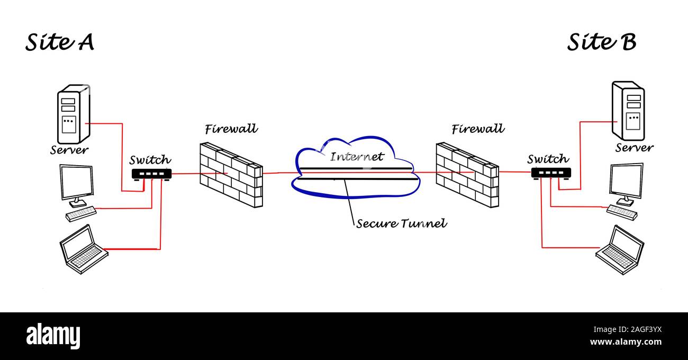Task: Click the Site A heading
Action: (x=60, y=42)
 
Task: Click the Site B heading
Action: (x=602, y=42)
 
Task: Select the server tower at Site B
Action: (x=628, y=111)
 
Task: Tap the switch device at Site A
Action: (x=151, y=174)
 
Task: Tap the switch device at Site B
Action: (x=551, y=173)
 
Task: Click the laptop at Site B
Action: (x=620, y=249)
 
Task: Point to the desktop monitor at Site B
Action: (x=626, y=182)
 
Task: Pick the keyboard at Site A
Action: (x=81, y=213)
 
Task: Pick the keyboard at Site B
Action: (x=622, y=212)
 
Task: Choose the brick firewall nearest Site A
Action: (x=231, y=174)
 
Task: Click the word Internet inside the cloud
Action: (x=357, y=157)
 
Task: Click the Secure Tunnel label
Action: (x=401, y=224)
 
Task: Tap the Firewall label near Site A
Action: (x=231, y=129)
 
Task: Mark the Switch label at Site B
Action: (x=548, y=159)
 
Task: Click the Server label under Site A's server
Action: (x=69, y=150)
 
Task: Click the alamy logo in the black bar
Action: (x=53, y=336)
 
